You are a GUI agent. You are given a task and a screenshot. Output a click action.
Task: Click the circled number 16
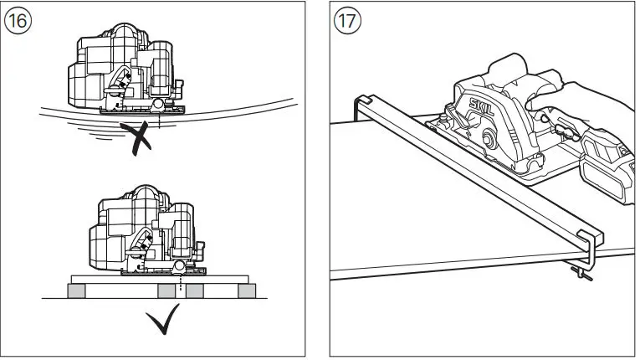coord(18,21)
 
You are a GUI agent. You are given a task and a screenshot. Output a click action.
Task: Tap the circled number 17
coord(347,21)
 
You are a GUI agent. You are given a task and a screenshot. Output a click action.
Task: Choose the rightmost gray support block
coord(248,291)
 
